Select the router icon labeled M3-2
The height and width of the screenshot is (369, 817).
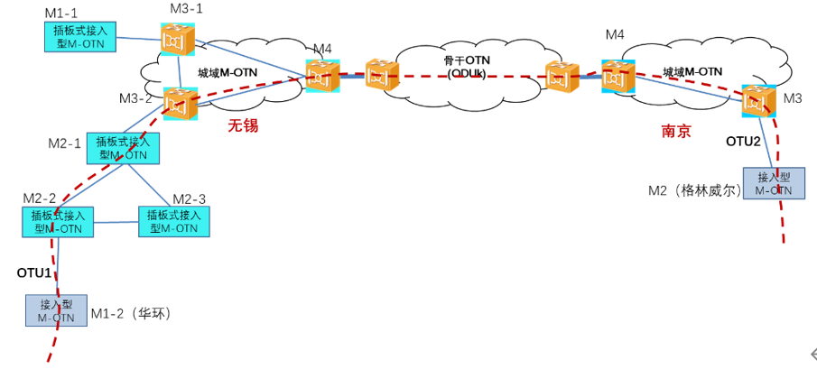(x=179, y=104)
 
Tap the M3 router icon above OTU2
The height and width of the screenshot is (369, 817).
(x=758, y=100)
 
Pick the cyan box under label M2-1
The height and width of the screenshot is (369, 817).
(x=124, y=148)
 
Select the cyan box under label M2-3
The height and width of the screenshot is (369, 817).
(x=174, y=222)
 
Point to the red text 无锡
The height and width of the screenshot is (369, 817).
(x=243, y=126)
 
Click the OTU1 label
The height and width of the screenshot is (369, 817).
(x=34, y=272)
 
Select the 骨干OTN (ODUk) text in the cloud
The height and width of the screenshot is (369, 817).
(x=466, y=66)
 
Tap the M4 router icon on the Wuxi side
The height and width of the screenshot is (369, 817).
(x=321, y=75)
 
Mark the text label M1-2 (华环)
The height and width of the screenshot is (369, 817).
(x=131, y=314)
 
